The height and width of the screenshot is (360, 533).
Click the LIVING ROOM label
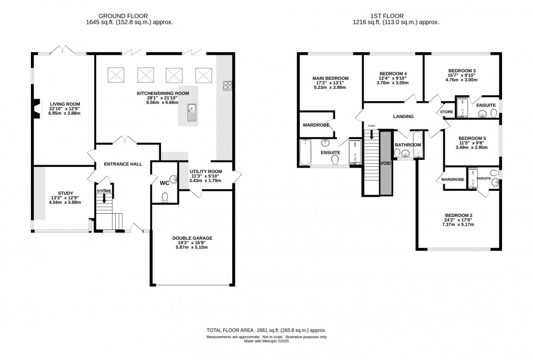tap(65, 104)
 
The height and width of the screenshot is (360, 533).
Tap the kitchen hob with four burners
tap(228, 86)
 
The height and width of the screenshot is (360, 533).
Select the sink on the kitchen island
tap(192, 113)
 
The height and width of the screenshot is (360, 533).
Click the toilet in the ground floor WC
tap(165, 197)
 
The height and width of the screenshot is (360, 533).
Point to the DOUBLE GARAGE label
tap(192, 238)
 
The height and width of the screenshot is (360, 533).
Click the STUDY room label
tap(65, 193)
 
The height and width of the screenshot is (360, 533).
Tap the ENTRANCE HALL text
tap(123, 164)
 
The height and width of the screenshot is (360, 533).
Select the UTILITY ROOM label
tap(206, 171)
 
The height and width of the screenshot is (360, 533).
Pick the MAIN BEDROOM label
tap(331, 78)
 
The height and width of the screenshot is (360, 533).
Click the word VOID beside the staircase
tap(386, 163)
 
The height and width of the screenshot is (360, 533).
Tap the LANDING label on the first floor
tap(403, 116)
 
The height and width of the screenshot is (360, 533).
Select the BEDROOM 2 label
tap(458, 215)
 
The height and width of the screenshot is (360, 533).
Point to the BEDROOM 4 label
tap(393, 73)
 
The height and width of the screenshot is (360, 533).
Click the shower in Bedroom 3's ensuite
tap(462, 107)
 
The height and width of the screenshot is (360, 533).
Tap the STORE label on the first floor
tap(447, 112)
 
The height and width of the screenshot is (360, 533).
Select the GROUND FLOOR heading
tap(123, 16)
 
